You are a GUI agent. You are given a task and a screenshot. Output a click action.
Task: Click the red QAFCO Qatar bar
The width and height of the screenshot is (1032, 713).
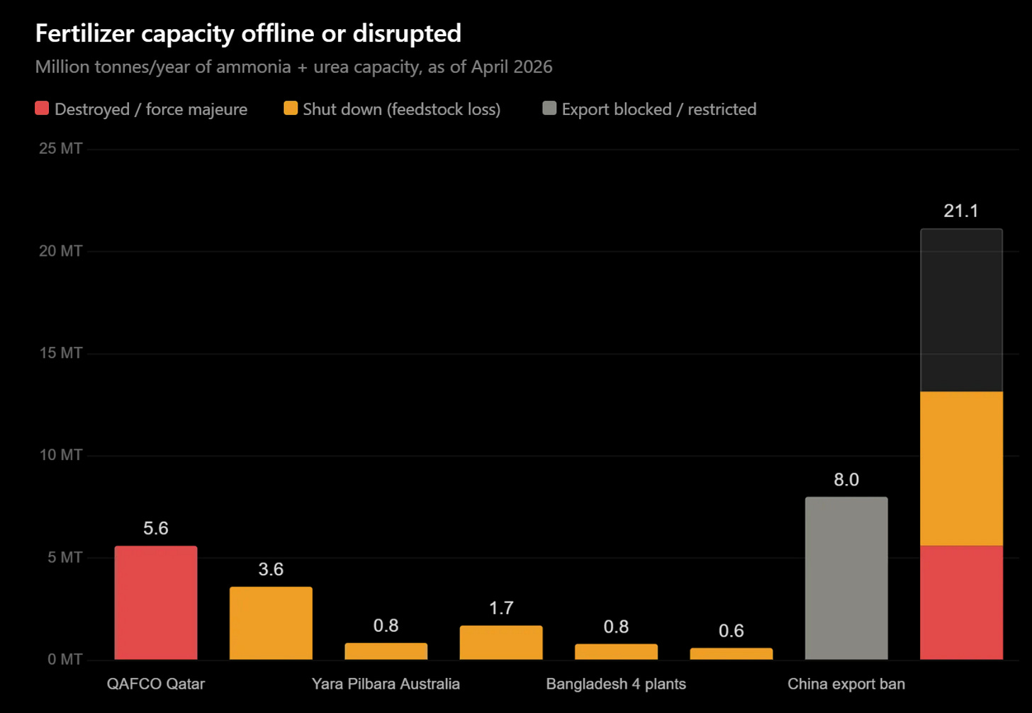click(x=156, y=602)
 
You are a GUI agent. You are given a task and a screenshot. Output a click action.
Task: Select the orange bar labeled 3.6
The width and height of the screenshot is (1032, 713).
click(x=271, y=623)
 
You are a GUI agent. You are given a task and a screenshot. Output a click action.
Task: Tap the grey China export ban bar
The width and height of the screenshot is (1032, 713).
click(x=846, y=578)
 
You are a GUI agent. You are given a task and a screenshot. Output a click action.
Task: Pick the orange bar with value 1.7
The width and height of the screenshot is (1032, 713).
click(x=501, y=642)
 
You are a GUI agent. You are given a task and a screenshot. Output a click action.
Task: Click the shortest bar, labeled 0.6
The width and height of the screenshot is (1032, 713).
click(x=731, y=653)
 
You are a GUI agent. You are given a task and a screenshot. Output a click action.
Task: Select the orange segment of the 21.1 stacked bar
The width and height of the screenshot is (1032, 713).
click(x=961, y=468)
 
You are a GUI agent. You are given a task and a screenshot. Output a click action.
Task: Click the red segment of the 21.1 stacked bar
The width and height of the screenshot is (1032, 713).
click(x=961, y=602)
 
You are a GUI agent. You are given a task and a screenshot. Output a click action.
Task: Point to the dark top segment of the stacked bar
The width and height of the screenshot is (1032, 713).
click(x=961, y=310)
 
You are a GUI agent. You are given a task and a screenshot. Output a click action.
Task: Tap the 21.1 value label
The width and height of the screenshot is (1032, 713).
click(x=961, y=210)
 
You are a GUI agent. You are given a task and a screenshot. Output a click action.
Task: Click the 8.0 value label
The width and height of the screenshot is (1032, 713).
click(x=846, y=480)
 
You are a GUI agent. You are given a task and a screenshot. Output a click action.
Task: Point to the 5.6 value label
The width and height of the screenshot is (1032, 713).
click(x=156, y=528)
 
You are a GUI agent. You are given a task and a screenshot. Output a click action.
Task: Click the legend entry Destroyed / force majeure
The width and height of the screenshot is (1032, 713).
click(x=142, y=109)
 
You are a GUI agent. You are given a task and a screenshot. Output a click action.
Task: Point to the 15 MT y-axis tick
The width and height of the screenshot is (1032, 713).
click(x=60, y=353)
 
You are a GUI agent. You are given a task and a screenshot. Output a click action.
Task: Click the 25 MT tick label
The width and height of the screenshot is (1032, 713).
click(x=60, y=149)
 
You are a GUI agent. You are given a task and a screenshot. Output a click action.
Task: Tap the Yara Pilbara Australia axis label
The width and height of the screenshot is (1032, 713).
click(x=386, y=684)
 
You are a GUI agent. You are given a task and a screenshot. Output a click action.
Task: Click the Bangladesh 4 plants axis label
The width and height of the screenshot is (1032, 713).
click(x=616, y=684)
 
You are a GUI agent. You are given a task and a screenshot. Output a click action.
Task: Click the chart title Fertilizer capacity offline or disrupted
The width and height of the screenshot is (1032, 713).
click(x=248, y=33)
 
